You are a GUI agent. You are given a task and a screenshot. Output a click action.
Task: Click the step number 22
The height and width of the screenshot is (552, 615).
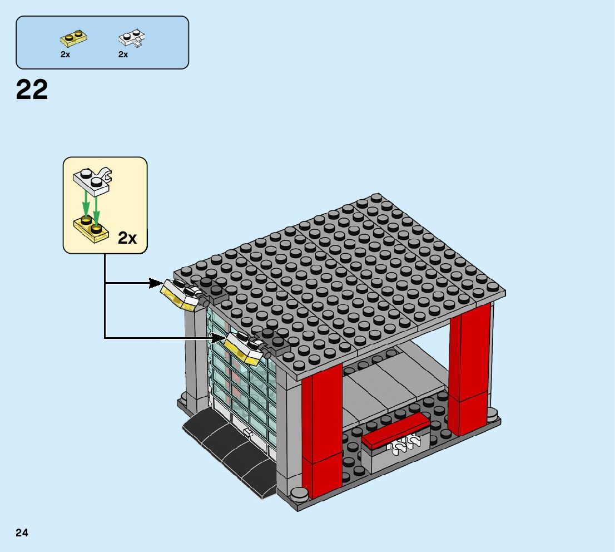pyautogui.click(x=32, y=90)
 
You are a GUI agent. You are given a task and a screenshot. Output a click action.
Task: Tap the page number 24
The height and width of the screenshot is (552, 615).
pyautogui.click(x=22, y=533)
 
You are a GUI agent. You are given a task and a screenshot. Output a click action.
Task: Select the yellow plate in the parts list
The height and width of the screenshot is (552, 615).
pyautogui.click(x=73, y=38)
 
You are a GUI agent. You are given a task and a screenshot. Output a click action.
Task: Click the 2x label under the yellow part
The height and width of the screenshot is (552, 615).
pyautogui.click(x=65, y=55)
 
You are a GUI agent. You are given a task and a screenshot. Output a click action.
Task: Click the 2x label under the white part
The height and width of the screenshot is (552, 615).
pyautogui.click(x=123, y=55)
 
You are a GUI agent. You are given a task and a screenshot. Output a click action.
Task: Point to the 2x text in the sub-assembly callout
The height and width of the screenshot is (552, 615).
pyautogui.click(x=127, y=238)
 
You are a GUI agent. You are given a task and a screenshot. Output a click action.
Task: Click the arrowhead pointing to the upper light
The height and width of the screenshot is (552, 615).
pyautogui.click(x=156, y=283)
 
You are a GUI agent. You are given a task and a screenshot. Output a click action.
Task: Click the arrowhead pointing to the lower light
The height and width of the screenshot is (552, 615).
pyautogui.click(x=220, y=337)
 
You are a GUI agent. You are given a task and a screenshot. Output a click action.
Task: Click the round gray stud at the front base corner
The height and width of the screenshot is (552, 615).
pyautogui.click(x=300, y=494)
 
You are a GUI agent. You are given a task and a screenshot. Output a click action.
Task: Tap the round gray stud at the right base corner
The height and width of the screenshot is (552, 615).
pyautogui.click(x=493, y=413)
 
